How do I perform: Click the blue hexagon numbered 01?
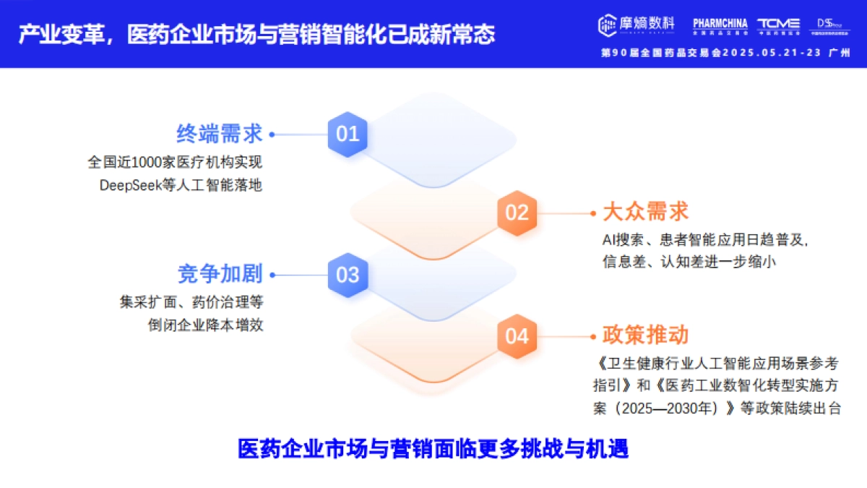[348, 134]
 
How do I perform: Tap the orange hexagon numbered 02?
[517, 213]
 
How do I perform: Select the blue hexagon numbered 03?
[348, 275]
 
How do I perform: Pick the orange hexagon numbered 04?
[517, 336]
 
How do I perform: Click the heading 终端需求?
[220, 134]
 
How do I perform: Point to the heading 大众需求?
[645, 212]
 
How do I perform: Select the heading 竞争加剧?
[220, 274]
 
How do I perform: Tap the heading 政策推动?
[645, 335]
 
